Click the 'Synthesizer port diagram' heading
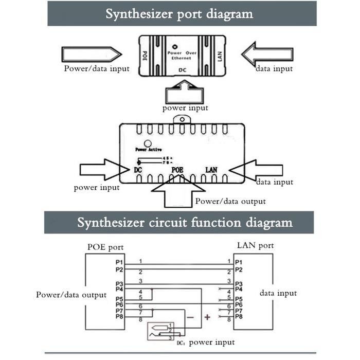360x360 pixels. pyautogui.click(x=179, y=14)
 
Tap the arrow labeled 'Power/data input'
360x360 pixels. pyautogui.click(x=91, y=53)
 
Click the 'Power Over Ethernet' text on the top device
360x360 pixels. pyautogui.click(x=183, y=56)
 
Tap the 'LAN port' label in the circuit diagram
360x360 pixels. pyautogui.click(x=255, y=246)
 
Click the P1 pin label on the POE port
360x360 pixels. pyautogui.click(x=119, y=262)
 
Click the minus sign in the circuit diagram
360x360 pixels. pyautogui.click(x=189, y=318)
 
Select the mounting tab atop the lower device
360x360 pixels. pyautogui.click(x=179, y=118)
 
